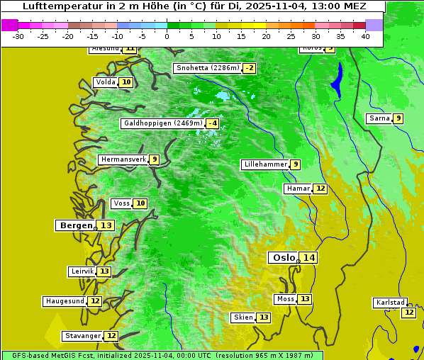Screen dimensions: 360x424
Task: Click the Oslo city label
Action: [284, 258]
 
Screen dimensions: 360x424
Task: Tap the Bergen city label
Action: [75, 225]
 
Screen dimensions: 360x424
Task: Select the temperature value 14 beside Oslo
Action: [308, 258]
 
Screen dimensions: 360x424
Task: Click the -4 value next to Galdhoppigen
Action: [212, 123]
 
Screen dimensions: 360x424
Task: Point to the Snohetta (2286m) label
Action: [207, 68]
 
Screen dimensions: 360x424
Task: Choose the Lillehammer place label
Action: [265, 164]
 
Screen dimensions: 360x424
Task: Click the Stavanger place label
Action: [82, 336]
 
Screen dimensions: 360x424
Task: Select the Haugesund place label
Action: [65, 301]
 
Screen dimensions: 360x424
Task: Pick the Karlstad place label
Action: [391, 303]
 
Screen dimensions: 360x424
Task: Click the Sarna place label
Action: [379, 118]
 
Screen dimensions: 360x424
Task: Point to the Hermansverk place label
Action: [123, 159]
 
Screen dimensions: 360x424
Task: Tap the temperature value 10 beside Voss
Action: [140, 203]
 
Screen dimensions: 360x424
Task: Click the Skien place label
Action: [242, 317]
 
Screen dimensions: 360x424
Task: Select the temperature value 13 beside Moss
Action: [304, 299]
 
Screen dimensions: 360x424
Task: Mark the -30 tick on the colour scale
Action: [18, 36]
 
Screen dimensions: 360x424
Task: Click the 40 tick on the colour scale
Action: [365, 36]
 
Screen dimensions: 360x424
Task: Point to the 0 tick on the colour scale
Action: [167, 36]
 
